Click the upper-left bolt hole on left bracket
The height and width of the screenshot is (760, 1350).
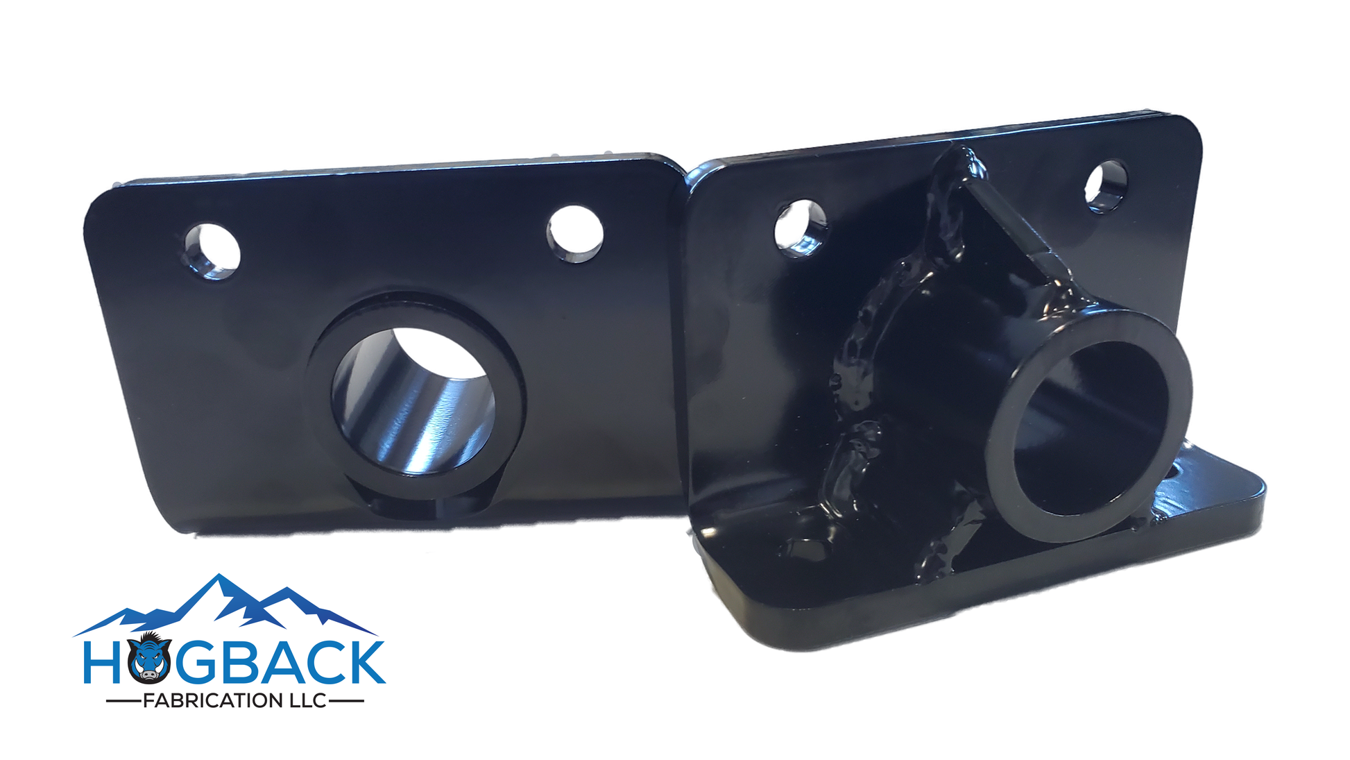click(x=212, y=251)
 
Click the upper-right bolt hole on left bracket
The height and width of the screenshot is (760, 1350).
click(x=575, y=233)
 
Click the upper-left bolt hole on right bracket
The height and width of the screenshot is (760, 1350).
click(x=801, y=227)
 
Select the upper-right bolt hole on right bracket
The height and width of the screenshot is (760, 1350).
click(x=1106, y=185)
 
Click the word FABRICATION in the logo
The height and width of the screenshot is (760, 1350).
click(x=210, y=701)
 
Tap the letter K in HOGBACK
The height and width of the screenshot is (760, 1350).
click(x=361, y=663)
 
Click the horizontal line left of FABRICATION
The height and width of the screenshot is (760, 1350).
click(x=123, y=702)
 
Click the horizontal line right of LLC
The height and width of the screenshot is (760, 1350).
click(x=346, y=701)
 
